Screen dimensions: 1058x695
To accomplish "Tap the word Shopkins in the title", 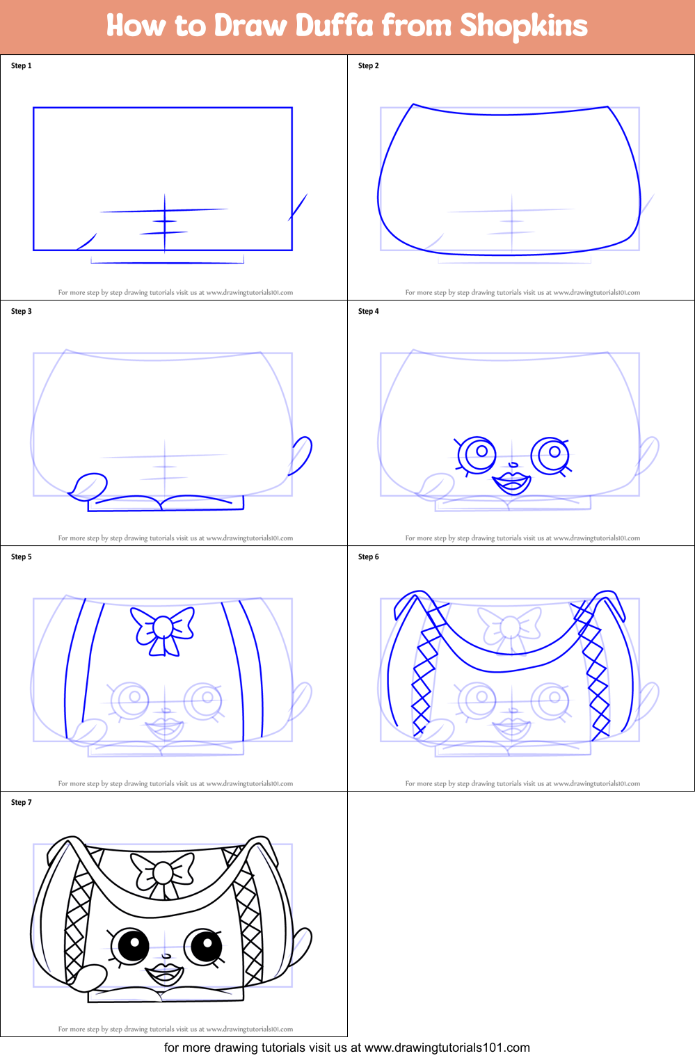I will (x=523, y=26).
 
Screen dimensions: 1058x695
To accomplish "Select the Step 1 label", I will (x=22, y=66).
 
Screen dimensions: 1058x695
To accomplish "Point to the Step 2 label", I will (x=369, y=66).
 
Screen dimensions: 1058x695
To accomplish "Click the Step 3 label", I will (x=22, y=312).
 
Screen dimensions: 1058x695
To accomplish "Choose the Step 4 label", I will (x=369, y=312).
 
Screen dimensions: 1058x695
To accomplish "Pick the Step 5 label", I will (x=22, y=557).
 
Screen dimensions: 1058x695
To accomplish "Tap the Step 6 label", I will (x=369, y=557).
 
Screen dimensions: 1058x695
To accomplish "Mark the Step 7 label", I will (x=22, y=803).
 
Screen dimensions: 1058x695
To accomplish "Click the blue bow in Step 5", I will (x=163, y=629).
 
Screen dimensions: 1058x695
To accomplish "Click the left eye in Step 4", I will (x=478, y=455).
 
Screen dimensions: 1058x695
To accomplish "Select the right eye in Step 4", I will (x=551, y=455).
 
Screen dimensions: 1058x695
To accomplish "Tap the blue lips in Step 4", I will (x=512, y=481).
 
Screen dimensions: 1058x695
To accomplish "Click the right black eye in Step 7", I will (x=204, y=946).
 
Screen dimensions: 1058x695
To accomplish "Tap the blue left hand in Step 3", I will (x=88, y=485).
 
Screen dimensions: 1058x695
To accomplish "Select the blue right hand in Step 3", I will (x=301, y=455).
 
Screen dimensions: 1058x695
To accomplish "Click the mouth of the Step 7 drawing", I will (x=164, y=972).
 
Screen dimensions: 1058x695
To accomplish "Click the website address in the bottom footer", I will (x=447, y=1048).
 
